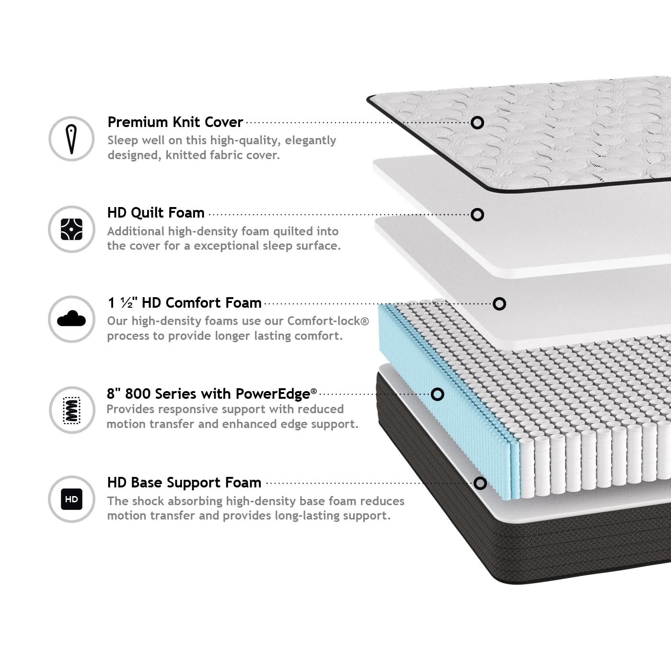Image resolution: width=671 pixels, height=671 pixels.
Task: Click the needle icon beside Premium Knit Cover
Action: [x=71, y=139]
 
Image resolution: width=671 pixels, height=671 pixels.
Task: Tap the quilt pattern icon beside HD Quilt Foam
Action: [x=71, y=230]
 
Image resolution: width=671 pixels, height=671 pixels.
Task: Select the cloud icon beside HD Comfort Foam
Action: [x=71, y=318]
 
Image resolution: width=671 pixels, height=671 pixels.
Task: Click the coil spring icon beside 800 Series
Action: [x=71, y=410]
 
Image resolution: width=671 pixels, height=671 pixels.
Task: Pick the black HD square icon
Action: [x=71, y=499]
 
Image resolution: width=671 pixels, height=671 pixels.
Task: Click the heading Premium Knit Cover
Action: [x=175, y=122]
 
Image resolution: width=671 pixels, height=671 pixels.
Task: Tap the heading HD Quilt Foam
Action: [x=156, y=213]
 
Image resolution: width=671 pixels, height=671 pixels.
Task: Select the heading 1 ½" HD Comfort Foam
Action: [x=185, y=302]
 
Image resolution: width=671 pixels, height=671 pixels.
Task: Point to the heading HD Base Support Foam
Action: [x=184, y=483]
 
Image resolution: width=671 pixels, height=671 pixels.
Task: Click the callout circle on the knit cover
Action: [x=477, y=123]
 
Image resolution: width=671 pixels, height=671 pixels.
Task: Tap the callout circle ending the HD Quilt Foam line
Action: [x=477, y=215]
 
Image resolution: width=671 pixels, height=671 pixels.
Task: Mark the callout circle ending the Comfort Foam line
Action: [x=499, y=304]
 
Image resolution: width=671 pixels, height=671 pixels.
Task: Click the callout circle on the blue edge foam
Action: [x=438, y=394]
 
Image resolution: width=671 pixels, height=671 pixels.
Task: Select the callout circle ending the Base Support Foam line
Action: [x=480, y=483]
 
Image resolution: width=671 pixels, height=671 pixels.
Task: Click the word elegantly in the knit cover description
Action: [x=311, y=141]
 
